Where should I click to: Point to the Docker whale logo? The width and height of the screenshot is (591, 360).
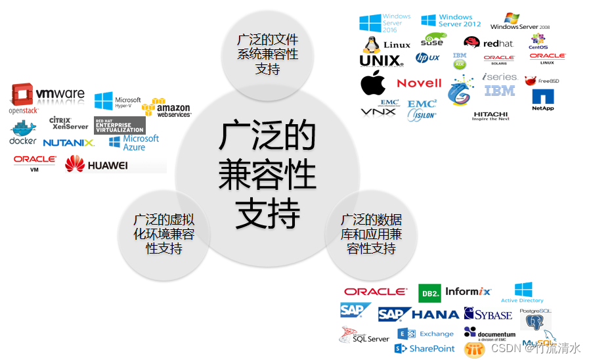click(23, 132)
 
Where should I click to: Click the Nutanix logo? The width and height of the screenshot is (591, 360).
click(68, 143)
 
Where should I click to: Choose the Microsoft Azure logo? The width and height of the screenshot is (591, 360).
click(134, 143)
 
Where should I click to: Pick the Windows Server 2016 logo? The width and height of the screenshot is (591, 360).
click(385, 23)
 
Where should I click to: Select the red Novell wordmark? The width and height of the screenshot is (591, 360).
click(419, 83)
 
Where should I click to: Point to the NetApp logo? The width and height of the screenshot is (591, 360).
click(543, 100)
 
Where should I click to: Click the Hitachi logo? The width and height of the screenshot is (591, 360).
click(491, 116)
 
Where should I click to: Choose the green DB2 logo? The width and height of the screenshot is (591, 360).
click(429, 293)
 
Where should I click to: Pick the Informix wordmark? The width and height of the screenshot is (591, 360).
click(468, 292)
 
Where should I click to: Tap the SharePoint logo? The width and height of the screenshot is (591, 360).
click(425, 349)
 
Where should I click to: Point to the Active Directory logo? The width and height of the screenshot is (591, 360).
click(523, 292)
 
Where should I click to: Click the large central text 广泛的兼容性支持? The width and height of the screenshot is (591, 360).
click(267, 174)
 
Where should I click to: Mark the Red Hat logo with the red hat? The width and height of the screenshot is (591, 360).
click(489, 43)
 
